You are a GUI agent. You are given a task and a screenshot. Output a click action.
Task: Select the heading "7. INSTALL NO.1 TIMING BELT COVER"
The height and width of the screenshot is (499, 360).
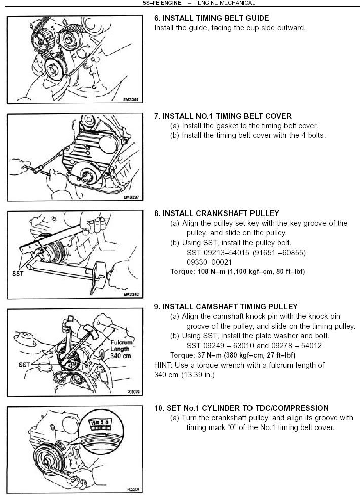[x=223, y=116]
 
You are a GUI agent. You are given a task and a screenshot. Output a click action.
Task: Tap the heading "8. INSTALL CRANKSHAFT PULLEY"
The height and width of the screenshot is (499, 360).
[x=217, y=213]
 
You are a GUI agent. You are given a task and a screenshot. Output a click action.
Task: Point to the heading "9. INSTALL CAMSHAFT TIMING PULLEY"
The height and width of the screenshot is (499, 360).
[x=226, y=307]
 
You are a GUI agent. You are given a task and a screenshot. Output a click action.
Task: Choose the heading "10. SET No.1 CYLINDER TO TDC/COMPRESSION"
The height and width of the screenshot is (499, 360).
[x=241, y=408]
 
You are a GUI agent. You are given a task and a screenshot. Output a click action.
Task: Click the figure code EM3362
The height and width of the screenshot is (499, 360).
[x=132, y=100]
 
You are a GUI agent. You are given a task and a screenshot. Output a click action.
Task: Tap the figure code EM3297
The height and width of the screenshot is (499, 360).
[x=132, y=198]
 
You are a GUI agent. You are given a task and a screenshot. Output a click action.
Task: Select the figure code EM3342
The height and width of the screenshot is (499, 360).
[x=132, y=294]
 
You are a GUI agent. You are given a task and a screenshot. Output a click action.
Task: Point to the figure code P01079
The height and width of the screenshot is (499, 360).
[x=133, y=391]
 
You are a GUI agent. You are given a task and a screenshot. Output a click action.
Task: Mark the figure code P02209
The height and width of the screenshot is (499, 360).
[x=132, y=490]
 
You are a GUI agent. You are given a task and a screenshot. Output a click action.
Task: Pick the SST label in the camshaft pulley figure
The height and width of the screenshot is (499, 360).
[x=23, y=364]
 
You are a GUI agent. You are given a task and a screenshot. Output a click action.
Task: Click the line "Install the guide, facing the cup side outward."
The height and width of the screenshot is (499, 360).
[x=230, y=28]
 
